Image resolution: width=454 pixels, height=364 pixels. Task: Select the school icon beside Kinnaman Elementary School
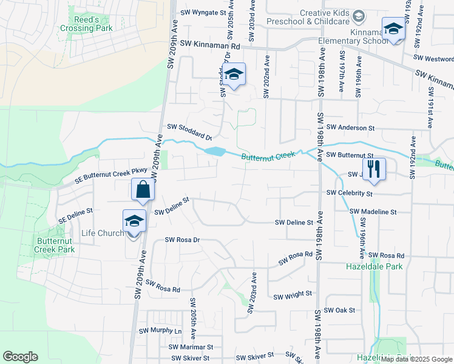(393, 29)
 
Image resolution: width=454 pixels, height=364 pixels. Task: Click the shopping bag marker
(143, 189)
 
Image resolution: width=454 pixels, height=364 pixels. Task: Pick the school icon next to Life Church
(134, 221)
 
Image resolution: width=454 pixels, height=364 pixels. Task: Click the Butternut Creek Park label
(55, 244)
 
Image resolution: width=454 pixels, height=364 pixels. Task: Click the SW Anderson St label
(351, 127)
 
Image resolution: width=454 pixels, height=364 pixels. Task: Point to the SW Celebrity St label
(349, 192)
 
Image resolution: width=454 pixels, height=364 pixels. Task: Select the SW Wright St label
(292, 295)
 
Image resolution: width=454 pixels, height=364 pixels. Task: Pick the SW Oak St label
(339, 310)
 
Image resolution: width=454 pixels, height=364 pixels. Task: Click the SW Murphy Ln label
(160, 331)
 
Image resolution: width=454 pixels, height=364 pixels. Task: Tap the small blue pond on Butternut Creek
(214, 151)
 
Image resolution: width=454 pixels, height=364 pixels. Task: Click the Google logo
(21, 357)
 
